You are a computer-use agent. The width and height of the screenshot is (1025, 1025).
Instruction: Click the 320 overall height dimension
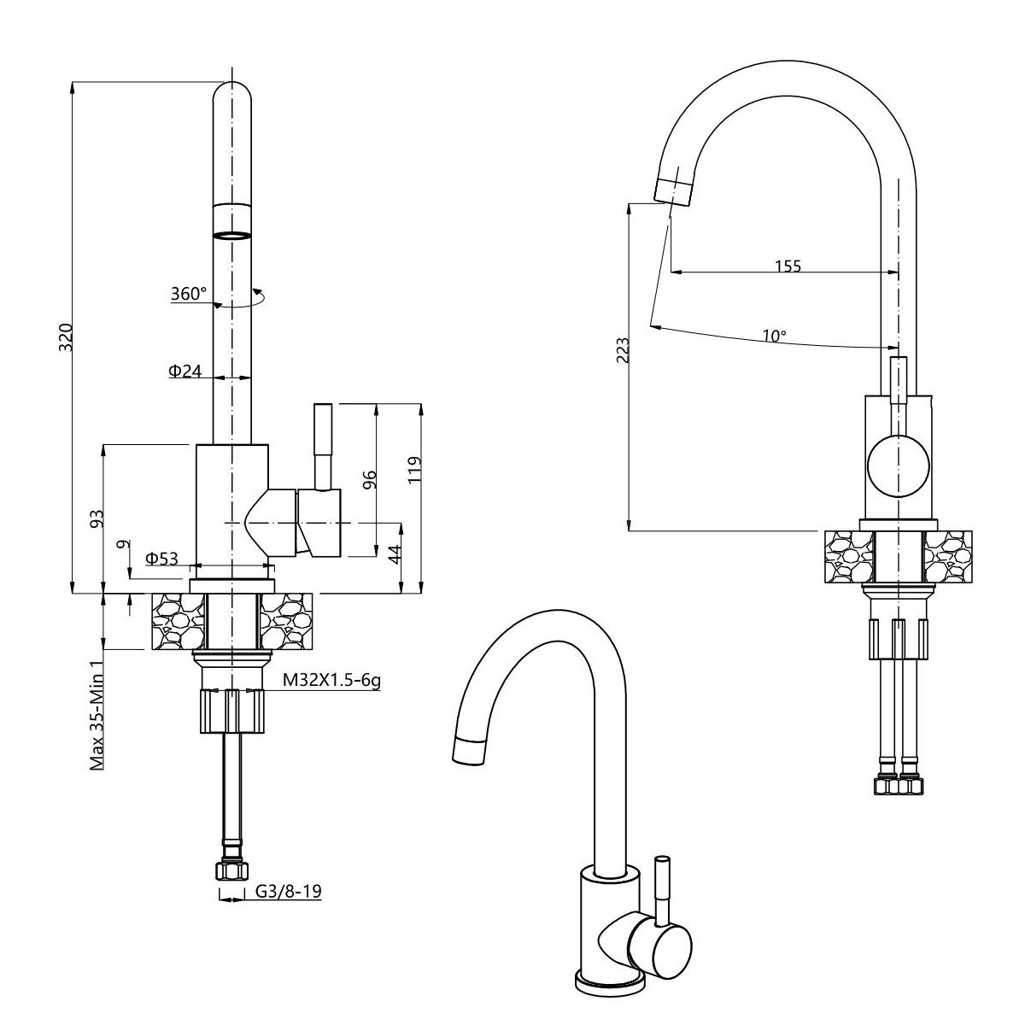tap(66, 337)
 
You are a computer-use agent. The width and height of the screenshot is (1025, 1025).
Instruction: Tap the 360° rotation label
tap(188, 293)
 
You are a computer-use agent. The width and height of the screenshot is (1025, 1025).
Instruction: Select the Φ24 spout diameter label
tap(185, 370)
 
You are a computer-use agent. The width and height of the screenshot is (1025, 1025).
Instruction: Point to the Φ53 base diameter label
tap(161, 558)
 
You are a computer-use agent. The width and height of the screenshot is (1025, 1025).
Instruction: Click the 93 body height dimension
tap(97, 518)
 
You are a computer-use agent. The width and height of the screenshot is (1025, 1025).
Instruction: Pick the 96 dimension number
tap(369, 479)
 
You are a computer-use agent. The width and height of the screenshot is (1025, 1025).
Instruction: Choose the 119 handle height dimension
tap(414, 470)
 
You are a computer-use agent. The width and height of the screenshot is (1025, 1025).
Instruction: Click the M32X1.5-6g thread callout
tap(331, 680)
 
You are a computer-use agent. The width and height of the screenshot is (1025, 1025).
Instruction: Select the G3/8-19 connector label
tap(289, 890)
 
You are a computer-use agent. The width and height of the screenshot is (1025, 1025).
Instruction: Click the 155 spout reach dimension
tap(788, 266)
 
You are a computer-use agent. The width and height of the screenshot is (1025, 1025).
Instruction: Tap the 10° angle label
tap(775, 336)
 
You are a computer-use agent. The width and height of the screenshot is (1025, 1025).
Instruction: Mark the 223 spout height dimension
tap(623, 350)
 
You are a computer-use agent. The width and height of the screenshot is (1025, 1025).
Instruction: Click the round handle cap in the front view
tap(898, 466)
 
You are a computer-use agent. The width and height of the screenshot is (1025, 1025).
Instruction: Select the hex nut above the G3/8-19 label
tap(231, 870)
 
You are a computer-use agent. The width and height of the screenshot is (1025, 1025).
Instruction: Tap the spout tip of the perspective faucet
tap(468, 751)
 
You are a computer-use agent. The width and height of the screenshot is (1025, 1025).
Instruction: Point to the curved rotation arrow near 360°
tap(239, 301)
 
